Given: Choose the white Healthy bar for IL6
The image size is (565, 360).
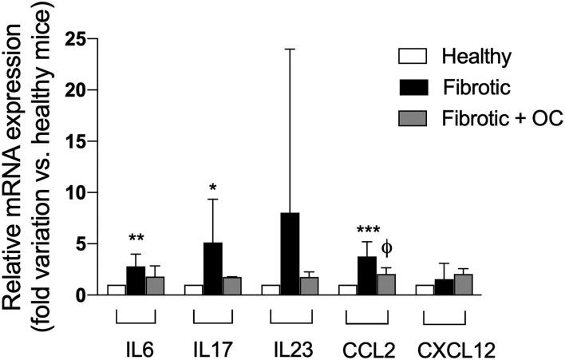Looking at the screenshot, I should click(x=117, y=291).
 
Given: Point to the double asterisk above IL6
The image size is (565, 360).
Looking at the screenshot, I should click(x=136, y=239).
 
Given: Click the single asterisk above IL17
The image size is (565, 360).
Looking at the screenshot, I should click(x=213, y=188).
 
